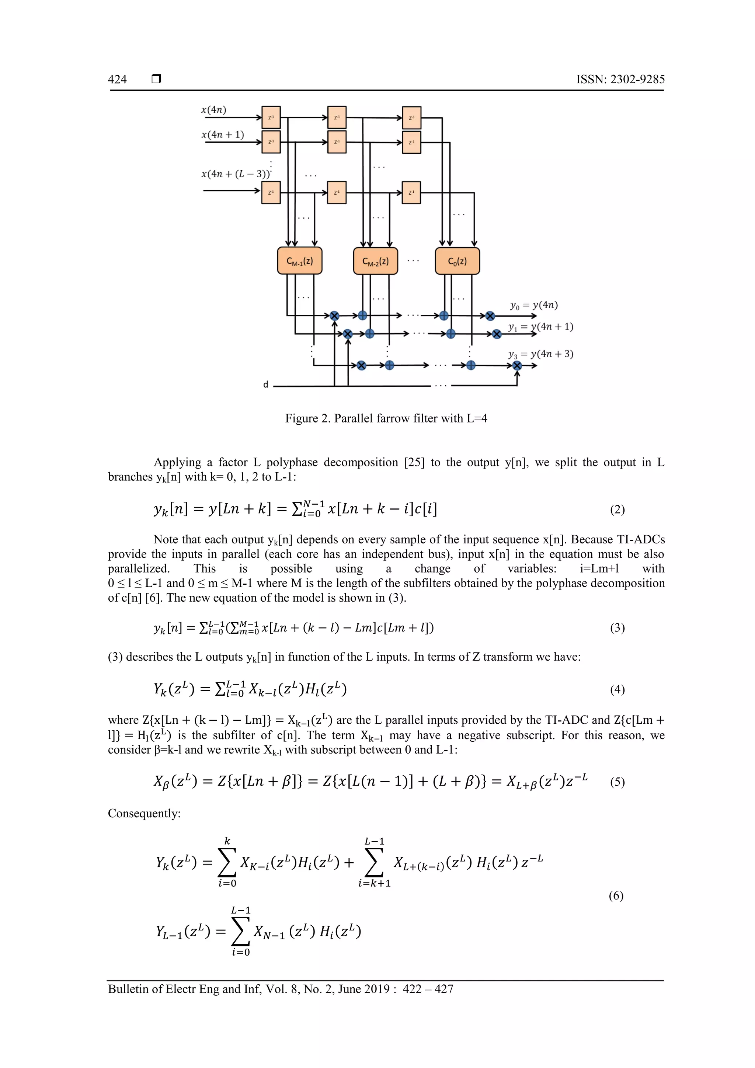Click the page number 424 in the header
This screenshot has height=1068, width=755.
[x=117, y=80]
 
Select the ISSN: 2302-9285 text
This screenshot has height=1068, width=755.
[x=620, y=80]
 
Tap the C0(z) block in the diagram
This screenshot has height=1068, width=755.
[x=457, y=261]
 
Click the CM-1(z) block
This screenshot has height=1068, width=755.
[x=300, y=261]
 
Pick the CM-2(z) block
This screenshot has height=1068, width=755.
[x=375, y=261]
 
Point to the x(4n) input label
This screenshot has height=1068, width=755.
[x=213, y=110]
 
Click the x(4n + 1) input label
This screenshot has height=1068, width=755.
[x=222, y=135]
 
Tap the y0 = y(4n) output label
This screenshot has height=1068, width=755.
[x=533, y=305]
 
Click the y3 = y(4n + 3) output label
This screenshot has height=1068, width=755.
[x=540, y=354]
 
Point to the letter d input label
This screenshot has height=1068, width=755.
[x=266, y=384]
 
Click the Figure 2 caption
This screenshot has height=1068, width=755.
[x=386, y=418]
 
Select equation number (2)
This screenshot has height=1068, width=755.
[x=617, y=510]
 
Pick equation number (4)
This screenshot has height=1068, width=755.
[x=617, y=689]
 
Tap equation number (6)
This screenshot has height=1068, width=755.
[x=616, y=895]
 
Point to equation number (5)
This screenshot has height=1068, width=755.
[x=617, y=782]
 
